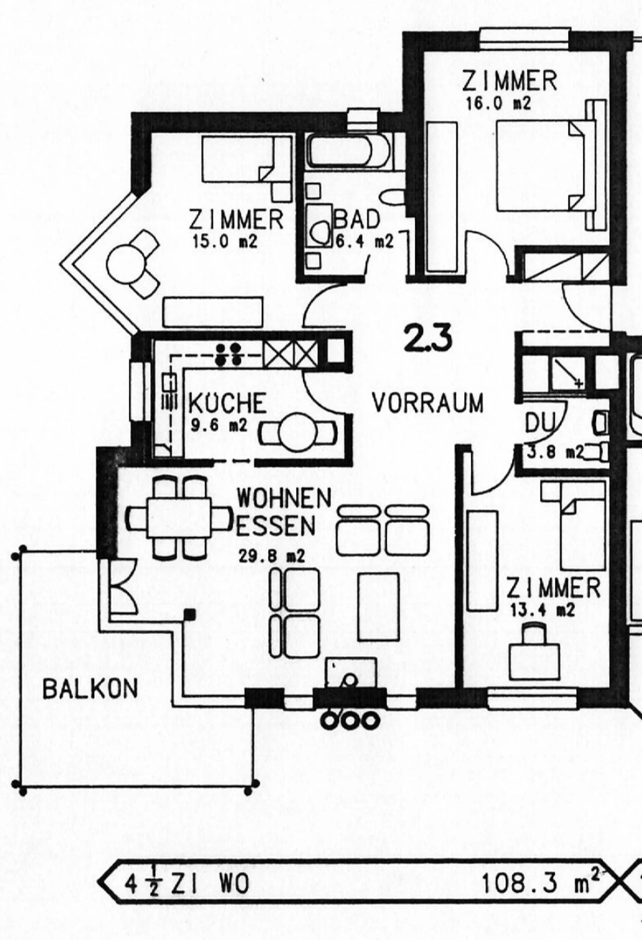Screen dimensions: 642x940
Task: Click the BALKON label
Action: coord(90,688)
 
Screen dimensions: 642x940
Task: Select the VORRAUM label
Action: coord(427,403)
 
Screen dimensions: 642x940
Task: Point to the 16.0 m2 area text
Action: coord(498,104)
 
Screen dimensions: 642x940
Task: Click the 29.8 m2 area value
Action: coord(271,557)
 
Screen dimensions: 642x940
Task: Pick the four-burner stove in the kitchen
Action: coord(228,354)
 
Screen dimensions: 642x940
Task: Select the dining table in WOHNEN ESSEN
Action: coord(179,517)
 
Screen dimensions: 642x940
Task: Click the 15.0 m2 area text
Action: coord(225,242)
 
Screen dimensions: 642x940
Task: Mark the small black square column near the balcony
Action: coord(190,615)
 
